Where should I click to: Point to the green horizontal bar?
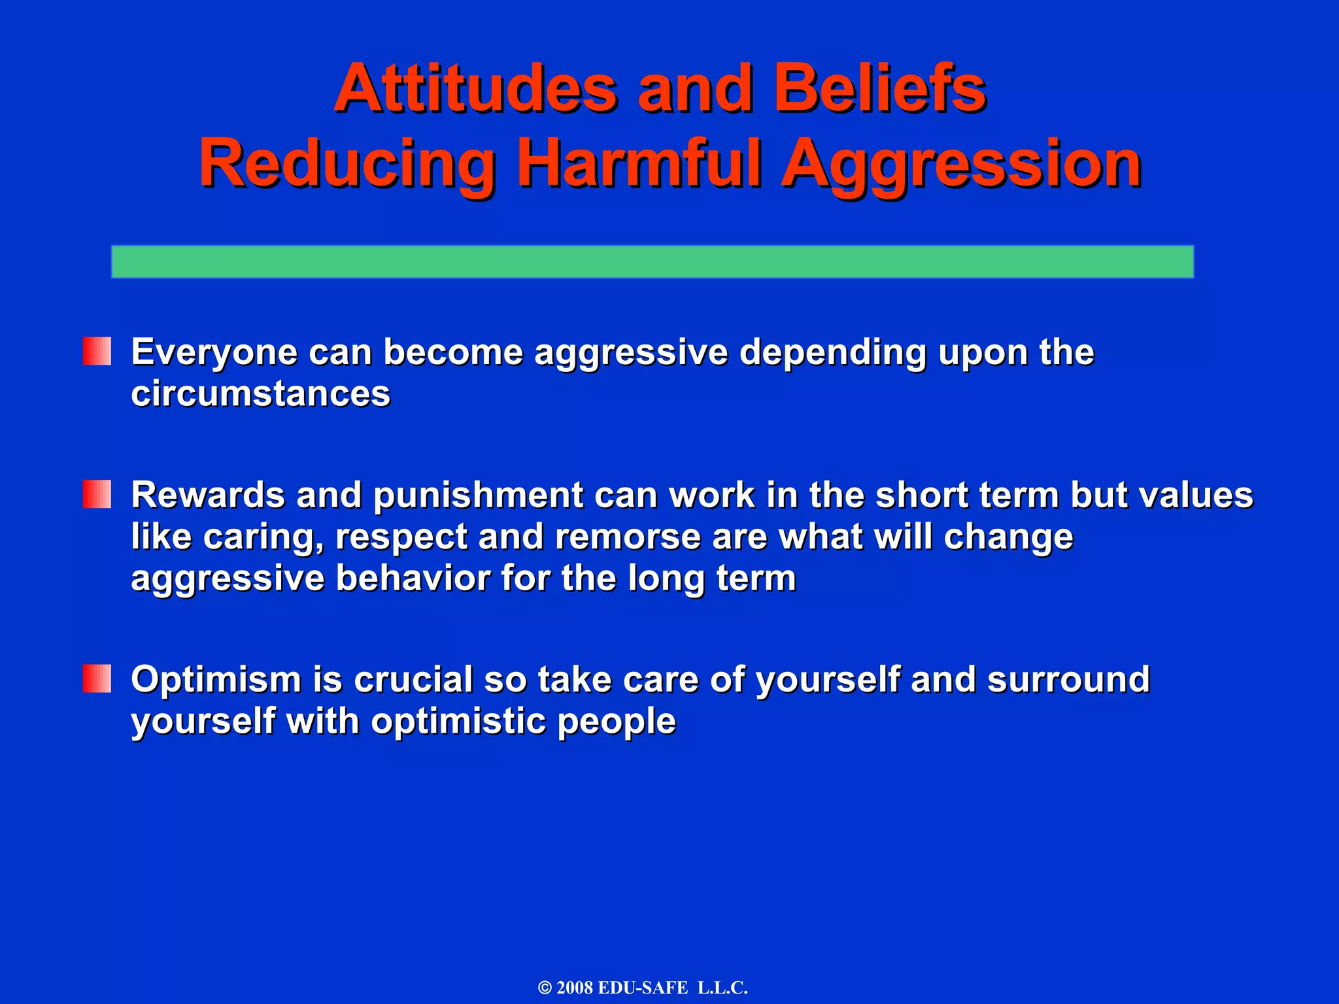click(653, 261)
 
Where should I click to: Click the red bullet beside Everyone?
click(97, 351)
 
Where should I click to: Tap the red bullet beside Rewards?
click(97, 494)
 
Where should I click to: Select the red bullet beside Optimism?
click(97, 678)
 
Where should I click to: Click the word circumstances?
click(260, 394)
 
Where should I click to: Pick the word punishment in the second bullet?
click(478, 495)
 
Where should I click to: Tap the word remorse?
click(628, 537)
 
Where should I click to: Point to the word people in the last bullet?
click(616, 722)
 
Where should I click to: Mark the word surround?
click(1068, 679)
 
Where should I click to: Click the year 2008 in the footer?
click(574, 988)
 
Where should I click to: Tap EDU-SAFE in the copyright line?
click(643, 988)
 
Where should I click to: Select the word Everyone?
click(214, 353)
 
